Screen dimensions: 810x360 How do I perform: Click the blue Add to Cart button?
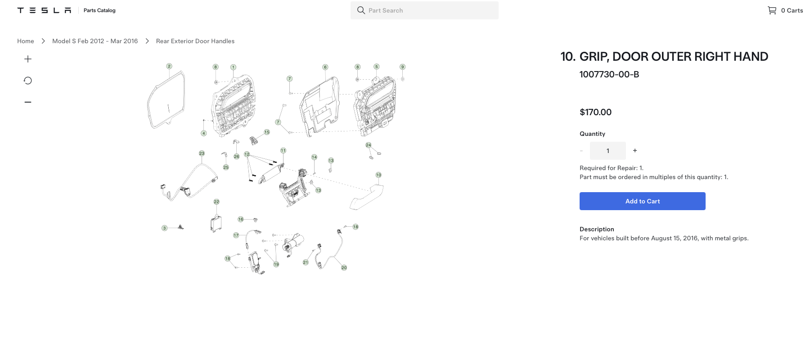point(642,201)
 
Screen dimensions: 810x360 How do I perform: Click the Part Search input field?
point(424,10)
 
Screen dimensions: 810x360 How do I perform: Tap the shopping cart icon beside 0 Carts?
point(772,10)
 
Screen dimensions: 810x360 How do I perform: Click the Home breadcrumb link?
point(26,41)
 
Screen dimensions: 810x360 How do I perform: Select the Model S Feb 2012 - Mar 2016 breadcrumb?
point(95,41)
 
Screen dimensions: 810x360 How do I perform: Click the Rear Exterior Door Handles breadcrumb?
point(195,41)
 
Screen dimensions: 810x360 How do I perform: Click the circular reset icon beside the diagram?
point(28,81)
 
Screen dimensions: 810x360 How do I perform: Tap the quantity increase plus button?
point(635,151)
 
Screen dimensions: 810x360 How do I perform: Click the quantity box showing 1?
point(608,151)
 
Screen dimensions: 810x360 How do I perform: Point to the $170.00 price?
point(595,112)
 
